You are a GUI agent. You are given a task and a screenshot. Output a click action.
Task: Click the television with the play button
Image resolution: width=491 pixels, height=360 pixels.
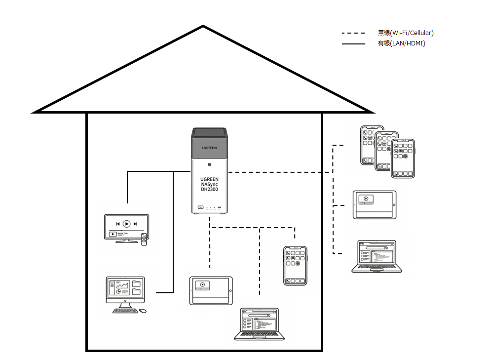tap(126, 227)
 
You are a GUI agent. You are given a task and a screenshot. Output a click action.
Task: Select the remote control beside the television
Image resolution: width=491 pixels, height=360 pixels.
tap(144, 239)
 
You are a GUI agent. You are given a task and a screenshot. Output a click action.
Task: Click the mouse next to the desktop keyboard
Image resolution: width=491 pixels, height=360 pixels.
tap(143, 311)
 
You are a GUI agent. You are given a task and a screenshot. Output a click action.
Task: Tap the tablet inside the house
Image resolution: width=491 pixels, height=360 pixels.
tap(211, 290)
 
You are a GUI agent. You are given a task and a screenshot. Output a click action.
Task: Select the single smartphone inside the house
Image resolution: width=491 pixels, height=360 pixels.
tap(295, 265)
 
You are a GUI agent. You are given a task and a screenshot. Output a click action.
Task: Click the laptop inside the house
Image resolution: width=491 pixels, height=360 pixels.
tap(260, 323)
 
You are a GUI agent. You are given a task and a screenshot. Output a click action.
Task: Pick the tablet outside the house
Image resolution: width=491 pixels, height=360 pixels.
tap(375, 204)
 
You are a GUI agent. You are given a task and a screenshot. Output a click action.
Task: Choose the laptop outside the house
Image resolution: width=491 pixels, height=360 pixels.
tap(377, 256)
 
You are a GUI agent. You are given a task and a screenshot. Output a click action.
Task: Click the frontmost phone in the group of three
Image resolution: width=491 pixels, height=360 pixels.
tap(403, 158)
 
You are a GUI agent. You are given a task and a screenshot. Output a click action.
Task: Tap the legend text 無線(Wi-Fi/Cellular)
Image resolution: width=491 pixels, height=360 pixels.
tap(406, 33)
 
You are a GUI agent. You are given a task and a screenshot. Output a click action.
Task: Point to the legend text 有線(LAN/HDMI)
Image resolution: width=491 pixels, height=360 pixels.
tap(401, 43)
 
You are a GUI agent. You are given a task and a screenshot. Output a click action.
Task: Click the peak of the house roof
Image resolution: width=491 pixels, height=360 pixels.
tap(203, 27)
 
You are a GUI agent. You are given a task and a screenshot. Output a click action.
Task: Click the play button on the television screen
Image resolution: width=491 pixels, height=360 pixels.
tap(126, 224)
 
